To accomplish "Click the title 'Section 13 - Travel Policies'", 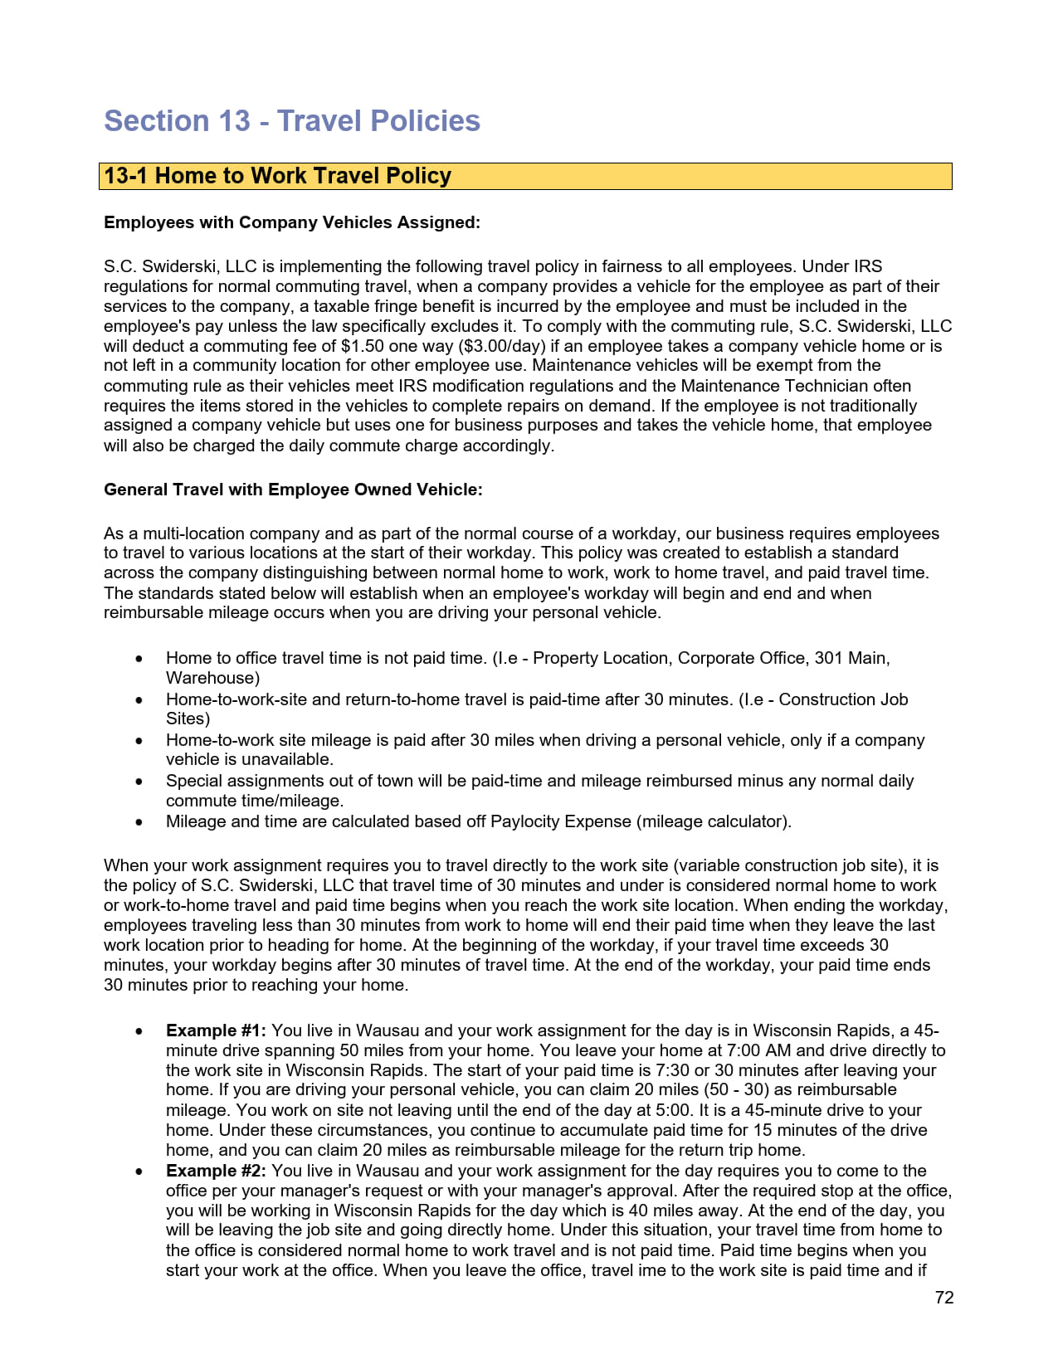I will (292, 121).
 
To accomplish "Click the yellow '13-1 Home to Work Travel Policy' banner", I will (524, 176).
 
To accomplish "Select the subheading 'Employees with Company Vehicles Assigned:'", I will (292, 222).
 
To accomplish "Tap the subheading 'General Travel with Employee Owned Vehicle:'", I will (293, 490).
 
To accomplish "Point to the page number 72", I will (944, 1298).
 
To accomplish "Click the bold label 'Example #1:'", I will (216, 1030).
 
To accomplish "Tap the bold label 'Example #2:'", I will (216, 1171).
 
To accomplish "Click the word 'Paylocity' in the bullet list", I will (525, 821).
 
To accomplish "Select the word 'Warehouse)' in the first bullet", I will (212, 678).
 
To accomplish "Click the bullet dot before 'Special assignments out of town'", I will (139, 782).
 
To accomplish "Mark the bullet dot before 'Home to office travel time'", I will (139, 659).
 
